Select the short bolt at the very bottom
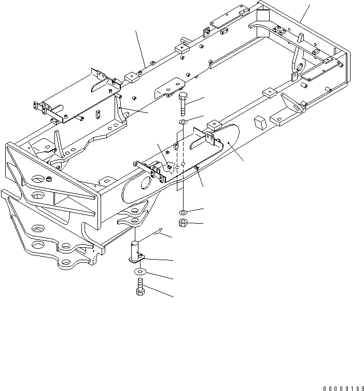coord(140,286)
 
